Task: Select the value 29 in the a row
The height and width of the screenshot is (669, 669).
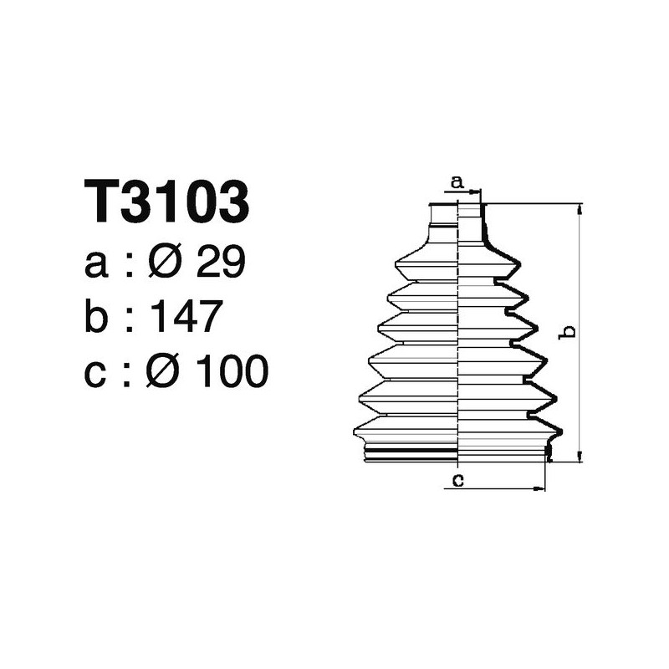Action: click(x=221, y=264)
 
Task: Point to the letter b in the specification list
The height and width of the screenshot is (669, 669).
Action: click(x=97, y=317)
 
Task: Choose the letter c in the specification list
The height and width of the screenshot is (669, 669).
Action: click(x=97, y=373)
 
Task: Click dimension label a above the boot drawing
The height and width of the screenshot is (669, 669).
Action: click(x=457, y=181)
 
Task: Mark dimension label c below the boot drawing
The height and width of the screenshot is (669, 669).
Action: click(x=456, y=479)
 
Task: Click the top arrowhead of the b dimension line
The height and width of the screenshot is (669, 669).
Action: click(x=579, y=209)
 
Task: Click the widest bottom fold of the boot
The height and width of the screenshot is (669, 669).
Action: click(x=456, y=431)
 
